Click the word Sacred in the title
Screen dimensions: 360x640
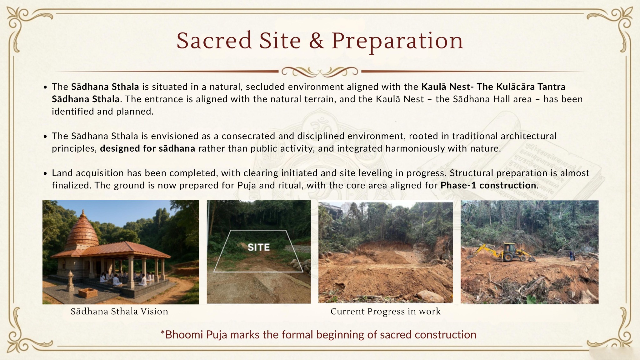click(214, 41)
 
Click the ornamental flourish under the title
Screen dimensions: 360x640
click(320, 72)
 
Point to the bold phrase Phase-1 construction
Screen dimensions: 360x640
click(488, 185)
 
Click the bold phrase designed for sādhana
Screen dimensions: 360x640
click(147, 148)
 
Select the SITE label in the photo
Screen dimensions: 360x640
click(258, 247)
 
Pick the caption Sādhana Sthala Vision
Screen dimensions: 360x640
click(119, 312)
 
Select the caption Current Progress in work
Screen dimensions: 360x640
click(385, 312)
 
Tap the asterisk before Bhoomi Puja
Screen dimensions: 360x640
click(162, 332)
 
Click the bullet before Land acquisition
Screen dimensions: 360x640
click(46, 173)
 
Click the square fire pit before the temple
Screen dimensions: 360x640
click(88, 293)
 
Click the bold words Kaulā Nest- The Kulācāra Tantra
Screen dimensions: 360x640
click(493, 87)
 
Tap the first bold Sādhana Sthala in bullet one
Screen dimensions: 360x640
click(105, 87)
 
